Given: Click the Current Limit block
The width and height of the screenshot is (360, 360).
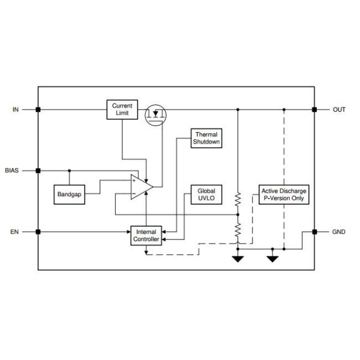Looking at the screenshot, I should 122,110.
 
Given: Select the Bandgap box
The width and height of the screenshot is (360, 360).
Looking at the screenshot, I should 68,194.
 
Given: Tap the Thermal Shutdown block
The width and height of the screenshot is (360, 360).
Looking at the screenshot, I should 206,139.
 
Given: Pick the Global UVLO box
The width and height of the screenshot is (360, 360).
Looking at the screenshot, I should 206,194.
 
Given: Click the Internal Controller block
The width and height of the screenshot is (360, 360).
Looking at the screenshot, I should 146,235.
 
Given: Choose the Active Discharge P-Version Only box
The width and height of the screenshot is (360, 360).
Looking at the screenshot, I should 284,194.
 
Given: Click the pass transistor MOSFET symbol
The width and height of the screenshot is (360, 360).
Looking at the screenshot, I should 157,113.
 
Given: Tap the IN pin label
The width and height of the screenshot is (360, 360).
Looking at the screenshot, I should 16,110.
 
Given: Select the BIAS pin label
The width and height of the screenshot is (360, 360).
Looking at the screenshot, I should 12,170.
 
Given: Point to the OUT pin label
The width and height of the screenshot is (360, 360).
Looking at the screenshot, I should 339,110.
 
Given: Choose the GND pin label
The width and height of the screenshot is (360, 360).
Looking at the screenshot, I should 339,231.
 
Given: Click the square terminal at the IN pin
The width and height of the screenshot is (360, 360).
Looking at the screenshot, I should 38,110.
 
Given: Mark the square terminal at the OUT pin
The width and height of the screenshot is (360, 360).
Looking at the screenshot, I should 314,110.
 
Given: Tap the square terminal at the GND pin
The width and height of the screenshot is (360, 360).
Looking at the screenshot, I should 314,231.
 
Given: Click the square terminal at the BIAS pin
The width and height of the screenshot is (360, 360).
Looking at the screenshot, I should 38,170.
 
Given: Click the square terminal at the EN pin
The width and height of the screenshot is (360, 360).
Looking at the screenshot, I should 38,231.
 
